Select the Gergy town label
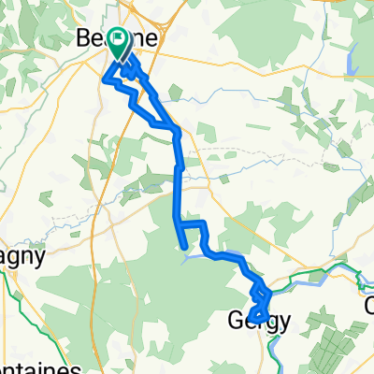259,321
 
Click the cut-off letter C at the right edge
368,305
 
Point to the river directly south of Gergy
273,351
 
